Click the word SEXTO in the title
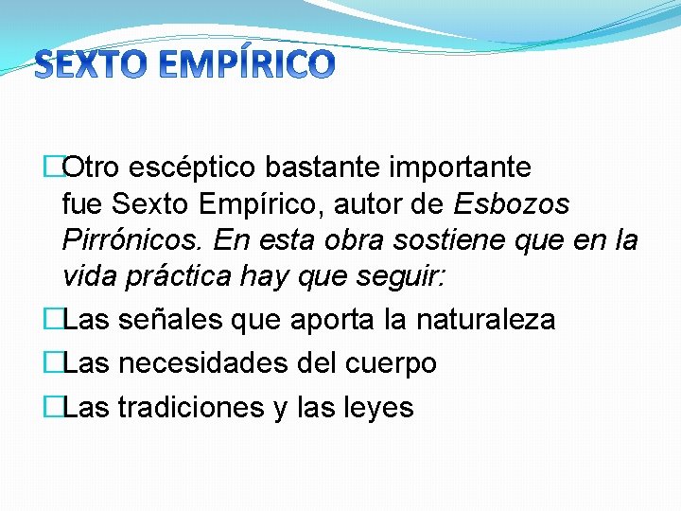[89, 63]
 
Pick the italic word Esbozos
[513, 204]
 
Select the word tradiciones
[189, 407]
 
